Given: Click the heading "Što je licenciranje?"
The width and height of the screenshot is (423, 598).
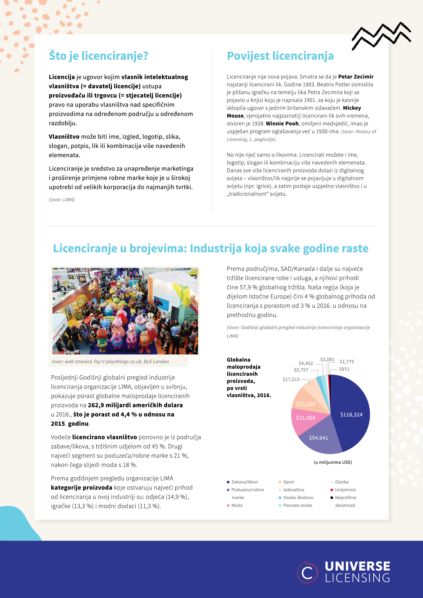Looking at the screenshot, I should (x=99, y=56).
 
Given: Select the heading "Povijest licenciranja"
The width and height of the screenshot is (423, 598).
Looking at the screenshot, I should (x=280, y=56).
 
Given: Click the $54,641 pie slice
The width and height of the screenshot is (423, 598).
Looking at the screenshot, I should (x=318, y=438).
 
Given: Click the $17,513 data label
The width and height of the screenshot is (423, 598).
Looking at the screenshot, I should (x=291, y=379).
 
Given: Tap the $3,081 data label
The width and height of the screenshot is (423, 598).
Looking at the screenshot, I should (x=327, y=359).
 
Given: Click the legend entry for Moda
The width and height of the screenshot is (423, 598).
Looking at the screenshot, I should (x=237, y=505).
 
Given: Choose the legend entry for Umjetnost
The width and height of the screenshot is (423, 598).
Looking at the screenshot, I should (x=345, y=490).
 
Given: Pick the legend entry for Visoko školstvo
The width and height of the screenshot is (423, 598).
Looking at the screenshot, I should (x=298, y=497).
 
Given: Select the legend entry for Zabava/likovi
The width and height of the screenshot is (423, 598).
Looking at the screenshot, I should (x=244, y=482).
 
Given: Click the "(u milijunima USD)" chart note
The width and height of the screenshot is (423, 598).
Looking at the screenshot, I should (x=333, y=462).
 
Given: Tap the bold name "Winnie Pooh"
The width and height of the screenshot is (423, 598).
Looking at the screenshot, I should (x=282, y=123).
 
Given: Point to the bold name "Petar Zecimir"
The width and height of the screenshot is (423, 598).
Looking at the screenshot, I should (x=356, y=77).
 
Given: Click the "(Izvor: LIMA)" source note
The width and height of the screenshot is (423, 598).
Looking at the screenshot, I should (x=62, y=199).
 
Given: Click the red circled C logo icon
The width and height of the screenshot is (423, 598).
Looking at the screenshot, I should (x=307, y=572).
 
